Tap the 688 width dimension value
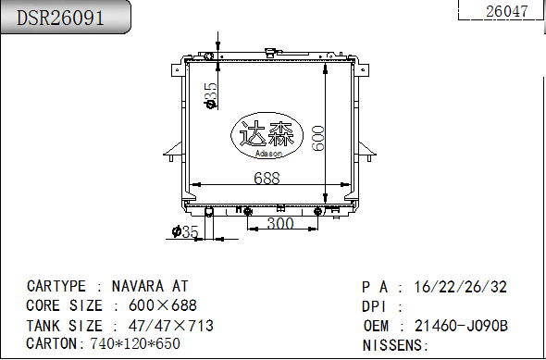(267, 179)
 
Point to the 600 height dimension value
(317, 139)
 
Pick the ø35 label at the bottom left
(185, 232)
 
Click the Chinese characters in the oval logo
(267, 135)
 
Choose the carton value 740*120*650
(135, 343)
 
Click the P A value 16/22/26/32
(460, 287)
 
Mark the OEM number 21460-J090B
(461, 325)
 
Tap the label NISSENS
(393, 344)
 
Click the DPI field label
(374, 306)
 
